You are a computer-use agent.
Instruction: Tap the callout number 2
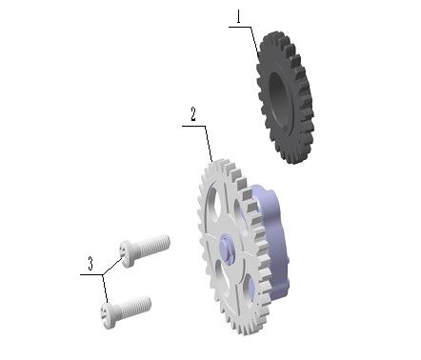pos(192,114)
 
